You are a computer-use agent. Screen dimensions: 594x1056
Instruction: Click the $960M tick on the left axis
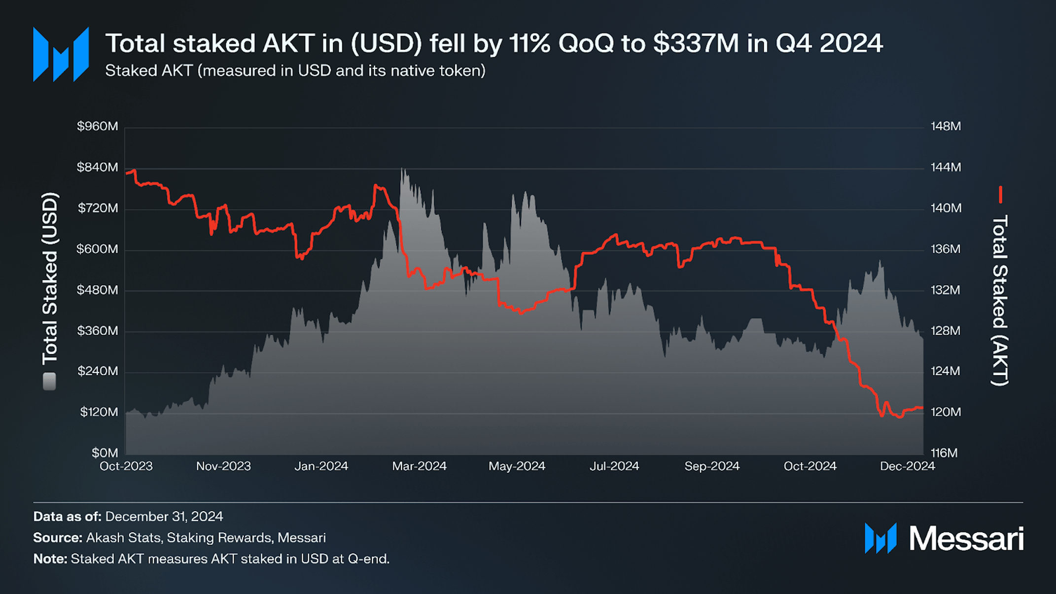98,126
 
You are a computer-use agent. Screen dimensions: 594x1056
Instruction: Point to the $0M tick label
105,453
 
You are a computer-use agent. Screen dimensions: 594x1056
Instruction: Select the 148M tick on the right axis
946,126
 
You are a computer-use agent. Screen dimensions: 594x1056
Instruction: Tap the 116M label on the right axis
944,453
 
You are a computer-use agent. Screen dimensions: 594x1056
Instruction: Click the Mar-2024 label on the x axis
419,466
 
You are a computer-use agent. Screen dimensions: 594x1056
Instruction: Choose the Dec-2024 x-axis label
907,466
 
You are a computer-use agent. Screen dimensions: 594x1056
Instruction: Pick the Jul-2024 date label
614,466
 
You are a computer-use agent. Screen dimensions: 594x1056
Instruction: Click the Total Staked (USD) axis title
50,279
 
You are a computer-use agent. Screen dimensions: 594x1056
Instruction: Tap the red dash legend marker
1000,195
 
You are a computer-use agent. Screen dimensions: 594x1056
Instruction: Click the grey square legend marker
49,381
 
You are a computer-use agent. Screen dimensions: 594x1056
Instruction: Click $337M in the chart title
696,43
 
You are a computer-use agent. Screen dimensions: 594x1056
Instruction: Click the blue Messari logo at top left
61,54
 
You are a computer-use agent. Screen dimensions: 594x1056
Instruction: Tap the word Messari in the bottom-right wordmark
966,538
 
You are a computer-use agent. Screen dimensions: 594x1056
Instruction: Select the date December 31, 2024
164,517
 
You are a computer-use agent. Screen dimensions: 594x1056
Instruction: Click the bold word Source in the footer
57,538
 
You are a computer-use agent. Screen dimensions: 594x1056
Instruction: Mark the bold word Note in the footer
49,559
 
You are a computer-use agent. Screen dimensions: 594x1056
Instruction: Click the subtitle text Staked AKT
148,71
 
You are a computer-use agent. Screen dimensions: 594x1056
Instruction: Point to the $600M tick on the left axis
98,249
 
